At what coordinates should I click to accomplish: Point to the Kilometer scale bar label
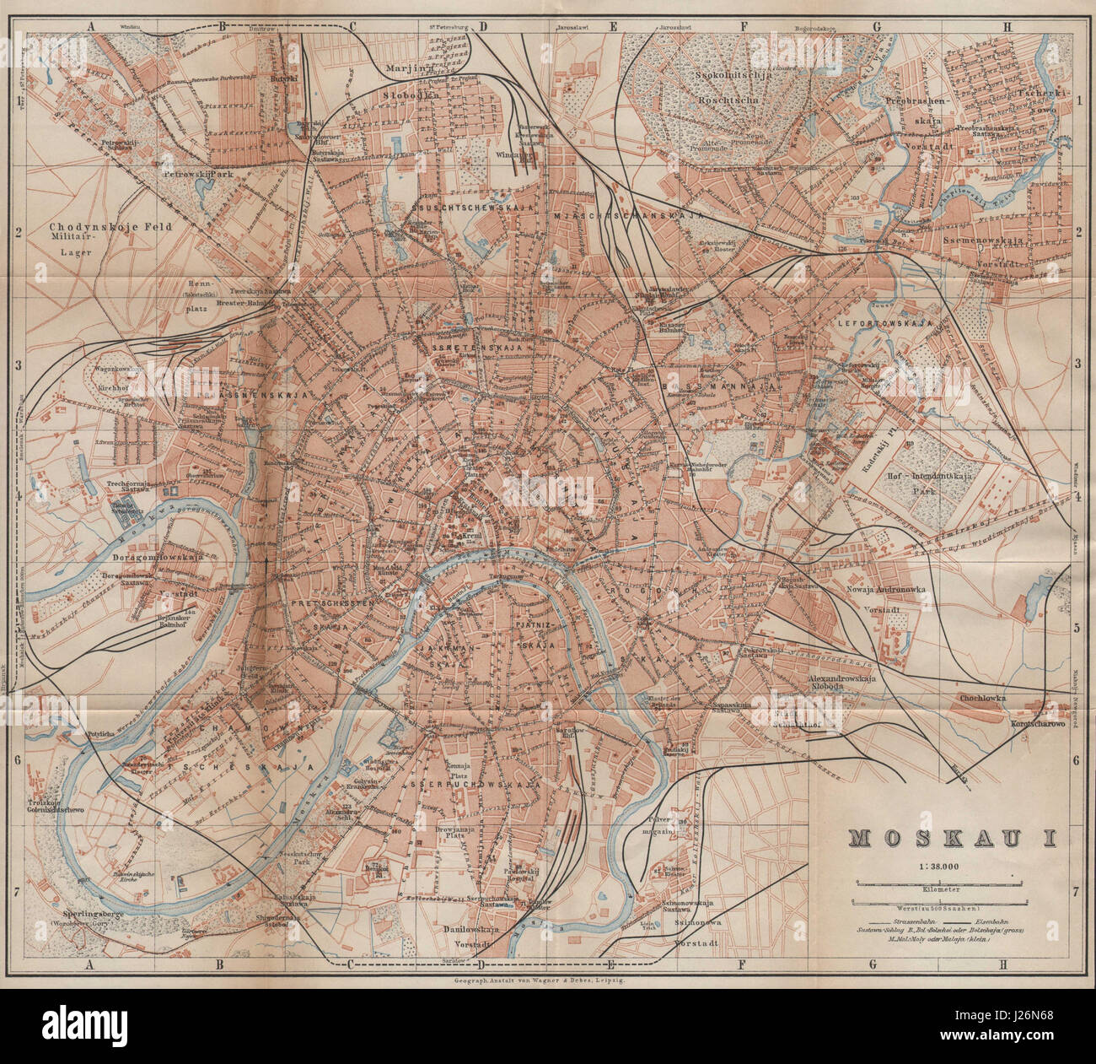(942, 888)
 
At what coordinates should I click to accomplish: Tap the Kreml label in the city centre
(460, 536)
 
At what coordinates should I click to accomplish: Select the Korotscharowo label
(1039, 724)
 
